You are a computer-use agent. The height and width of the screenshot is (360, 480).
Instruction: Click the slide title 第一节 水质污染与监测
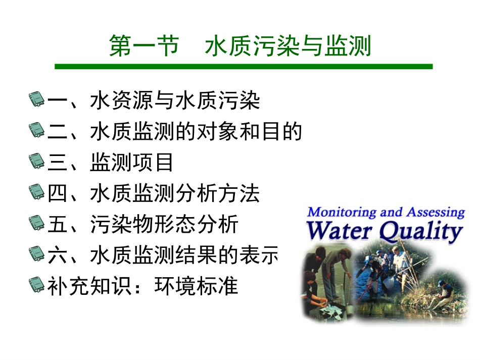tap(241, 47)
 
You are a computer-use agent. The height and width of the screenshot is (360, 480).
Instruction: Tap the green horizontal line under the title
tap(244, 66)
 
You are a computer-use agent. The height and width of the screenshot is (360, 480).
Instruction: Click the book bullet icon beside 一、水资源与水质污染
tap(37, 100)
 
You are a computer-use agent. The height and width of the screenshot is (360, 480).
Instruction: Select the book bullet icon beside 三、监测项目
tap(37, 162)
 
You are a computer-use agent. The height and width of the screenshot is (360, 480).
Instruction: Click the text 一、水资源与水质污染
tap(154, 100)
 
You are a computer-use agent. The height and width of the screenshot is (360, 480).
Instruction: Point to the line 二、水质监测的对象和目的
tap(175, 132)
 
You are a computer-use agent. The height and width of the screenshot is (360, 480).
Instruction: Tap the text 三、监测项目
tap(111, 163)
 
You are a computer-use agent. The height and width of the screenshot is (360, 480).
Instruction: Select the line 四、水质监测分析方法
tap(154, 193)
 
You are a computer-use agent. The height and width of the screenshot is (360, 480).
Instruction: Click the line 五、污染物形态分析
tap(143, 225)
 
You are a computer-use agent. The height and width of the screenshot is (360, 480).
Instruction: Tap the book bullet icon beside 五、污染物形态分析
tap(37, 224)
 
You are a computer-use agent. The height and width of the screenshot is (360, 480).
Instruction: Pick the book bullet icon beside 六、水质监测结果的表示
tap(37, 255)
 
